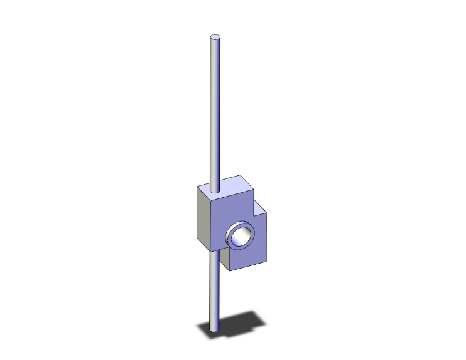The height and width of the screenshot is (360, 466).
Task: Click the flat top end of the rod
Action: click(215, 38)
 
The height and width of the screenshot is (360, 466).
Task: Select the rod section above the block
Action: click(215, 113)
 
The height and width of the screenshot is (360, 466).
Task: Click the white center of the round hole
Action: click(240, 236)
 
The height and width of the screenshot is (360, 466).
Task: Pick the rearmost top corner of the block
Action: click(240, 176)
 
